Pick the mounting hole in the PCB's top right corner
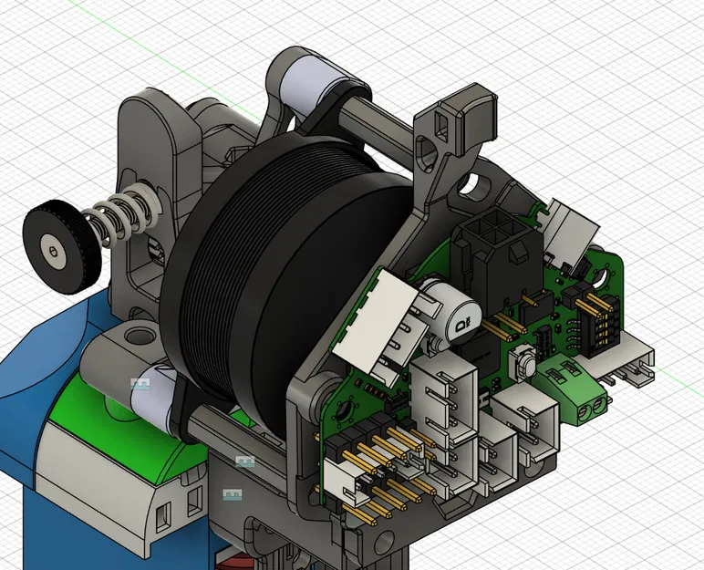(606, 270)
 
